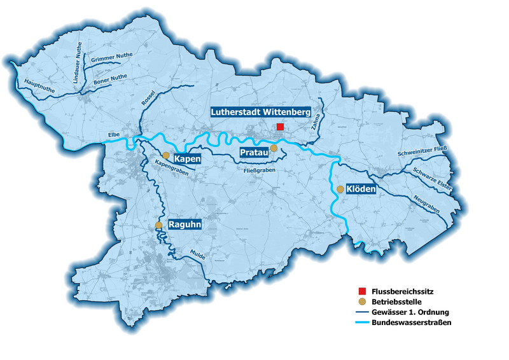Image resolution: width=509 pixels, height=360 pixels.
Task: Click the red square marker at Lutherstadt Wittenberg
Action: click(280, 127)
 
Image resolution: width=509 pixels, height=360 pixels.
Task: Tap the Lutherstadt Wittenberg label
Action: click(260, 112)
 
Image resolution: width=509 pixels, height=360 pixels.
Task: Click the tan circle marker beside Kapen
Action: click(165, 155)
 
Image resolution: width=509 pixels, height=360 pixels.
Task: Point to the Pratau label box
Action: click(253, 153)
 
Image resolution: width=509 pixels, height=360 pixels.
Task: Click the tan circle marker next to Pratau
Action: click(274, 148)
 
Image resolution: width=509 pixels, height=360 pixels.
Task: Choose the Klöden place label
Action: click(360, 190)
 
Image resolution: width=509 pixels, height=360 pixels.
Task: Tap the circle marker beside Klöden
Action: click(340, 189)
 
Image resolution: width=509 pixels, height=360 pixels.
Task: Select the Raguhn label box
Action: click(185, 225)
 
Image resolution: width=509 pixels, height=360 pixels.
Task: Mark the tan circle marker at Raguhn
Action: click(159, 225)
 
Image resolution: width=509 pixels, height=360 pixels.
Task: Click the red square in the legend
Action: click(361, 291)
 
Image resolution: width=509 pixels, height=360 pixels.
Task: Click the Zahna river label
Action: click(316, 121)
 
